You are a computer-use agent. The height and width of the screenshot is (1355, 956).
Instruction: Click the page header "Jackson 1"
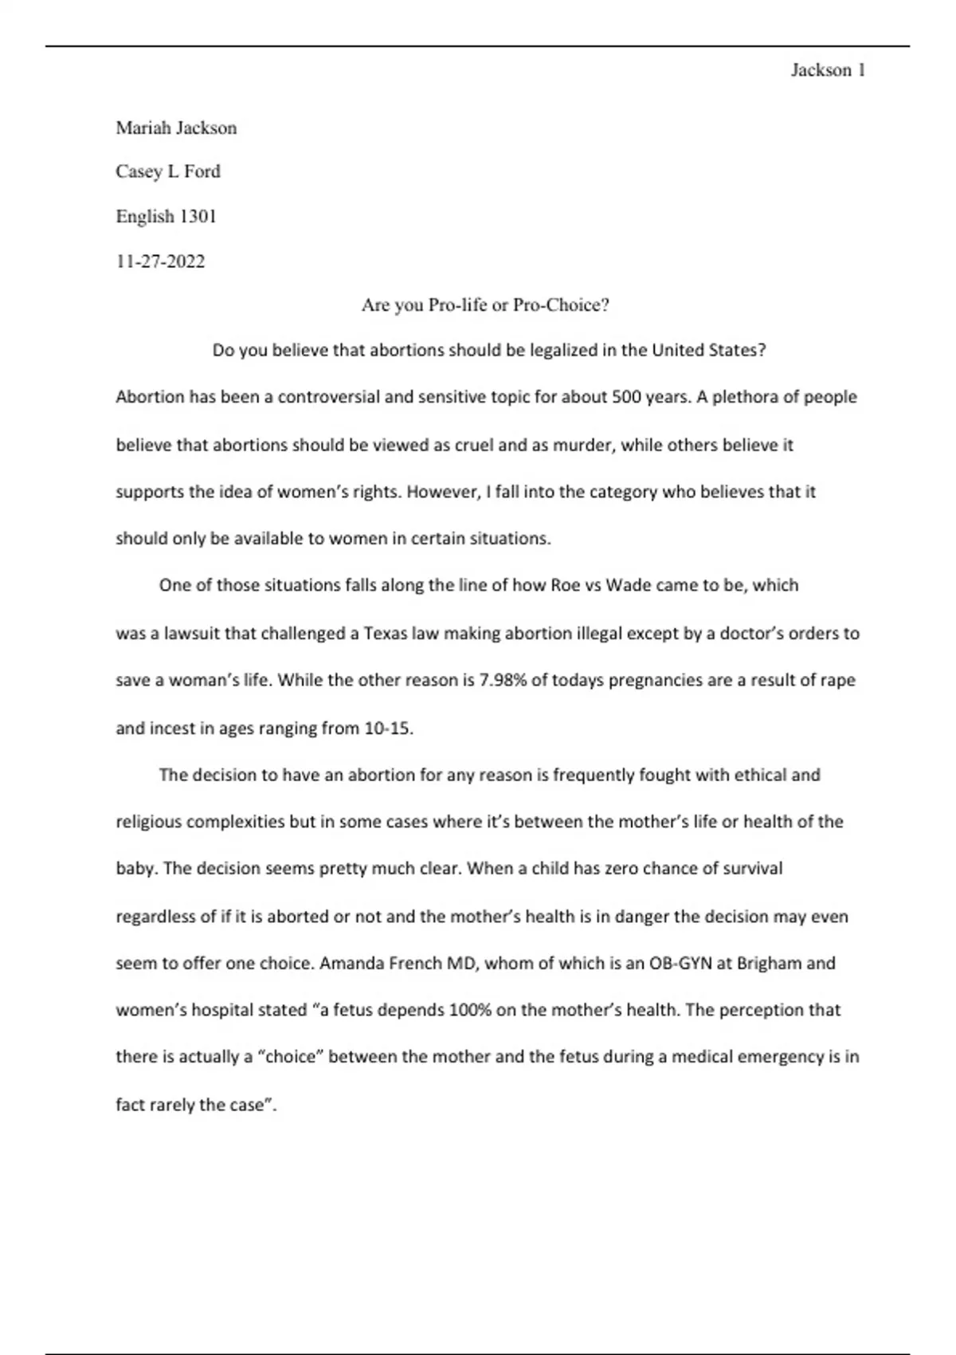point(828,70)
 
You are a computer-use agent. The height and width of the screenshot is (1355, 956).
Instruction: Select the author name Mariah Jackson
point(176,128)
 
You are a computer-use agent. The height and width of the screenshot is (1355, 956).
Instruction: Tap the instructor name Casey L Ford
point(168,171)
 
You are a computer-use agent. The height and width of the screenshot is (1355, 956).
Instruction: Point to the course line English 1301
point(167,216)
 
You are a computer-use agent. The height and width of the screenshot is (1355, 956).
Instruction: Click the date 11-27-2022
point(160,261)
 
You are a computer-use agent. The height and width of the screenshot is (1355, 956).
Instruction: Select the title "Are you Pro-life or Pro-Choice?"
point(485,305)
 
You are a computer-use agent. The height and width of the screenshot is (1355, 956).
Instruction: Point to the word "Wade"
point(629,585)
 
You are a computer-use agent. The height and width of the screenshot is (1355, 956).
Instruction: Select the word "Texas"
point(386,634)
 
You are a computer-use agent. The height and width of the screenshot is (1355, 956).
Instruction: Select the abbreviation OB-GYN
point(680,963)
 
